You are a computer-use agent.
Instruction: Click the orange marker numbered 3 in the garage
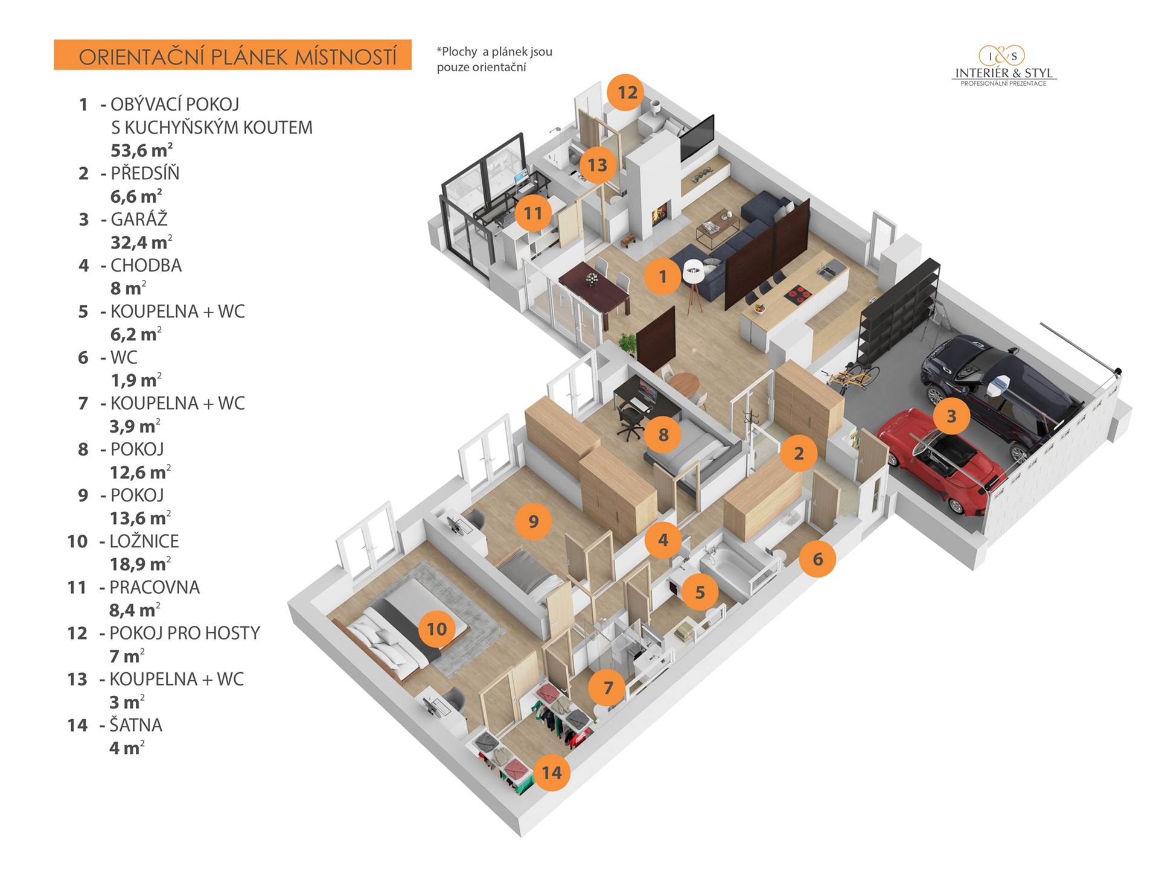coord(951,416)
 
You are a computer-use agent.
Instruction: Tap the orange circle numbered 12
coord(627,92)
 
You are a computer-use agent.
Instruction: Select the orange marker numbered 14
coord(551,772)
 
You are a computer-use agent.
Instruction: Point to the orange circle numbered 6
coord(817,559)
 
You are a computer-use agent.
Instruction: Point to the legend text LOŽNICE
coord(144,541)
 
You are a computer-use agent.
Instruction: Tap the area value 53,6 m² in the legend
coord(142,150)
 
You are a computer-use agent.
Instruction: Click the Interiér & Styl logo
coord(1003,66)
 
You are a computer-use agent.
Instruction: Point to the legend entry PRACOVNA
coord(155,587)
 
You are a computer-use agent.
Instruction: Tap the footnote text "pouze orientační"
coord(481,68)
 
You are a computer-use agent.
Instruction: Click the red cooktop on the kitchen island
coord(797,295)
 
